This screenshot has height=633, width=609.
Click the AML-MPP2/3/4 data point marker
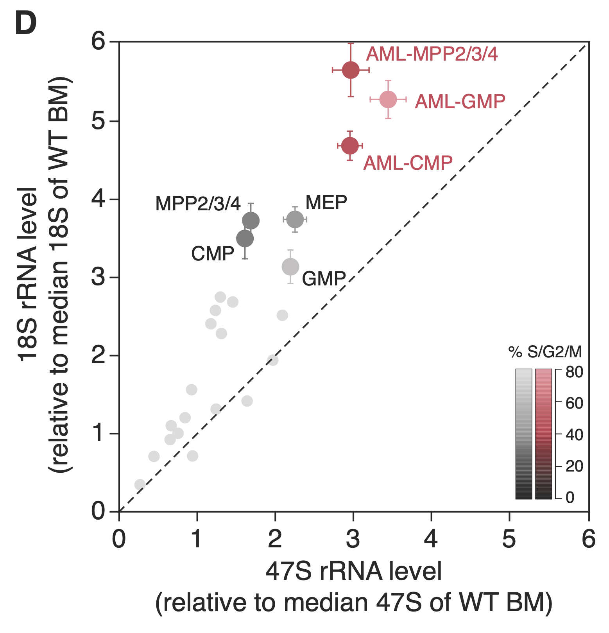tap(351, 70)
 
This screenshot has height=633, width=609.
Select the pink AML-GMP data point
tap(388, 100)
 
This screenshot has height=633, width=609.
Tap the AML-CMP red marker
tap(350, 146)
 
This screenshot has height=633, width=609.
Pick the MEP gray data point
tap(295, 219)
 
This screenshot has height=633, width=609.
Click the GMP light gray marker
tap(290, 267)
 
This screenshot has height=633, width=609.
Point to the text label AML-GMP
tap(460, 102)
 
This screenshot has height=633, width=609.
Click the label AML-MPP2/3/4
tap(432, 54)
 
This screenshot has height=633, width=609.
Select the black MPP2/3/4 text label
tap(198, 204)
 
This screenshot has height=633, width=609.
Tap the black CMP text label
tap(213, 254)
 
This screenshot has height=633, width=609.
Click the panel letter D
tap(26, 23)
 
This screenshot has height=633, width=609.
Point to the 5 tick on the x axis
tap(509, 540)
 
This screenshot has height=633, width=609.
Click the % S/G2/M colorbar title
tap(545, 353)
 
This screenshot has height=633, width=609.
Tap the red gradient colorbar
tap(543, 434)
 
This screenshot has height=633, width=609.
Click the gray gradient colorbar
tap(524, 434)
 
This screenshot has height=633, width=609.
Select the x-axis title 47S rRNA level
tap(354, 572)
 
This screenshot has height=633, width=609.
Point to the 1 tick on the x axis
tap(197, 540)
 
